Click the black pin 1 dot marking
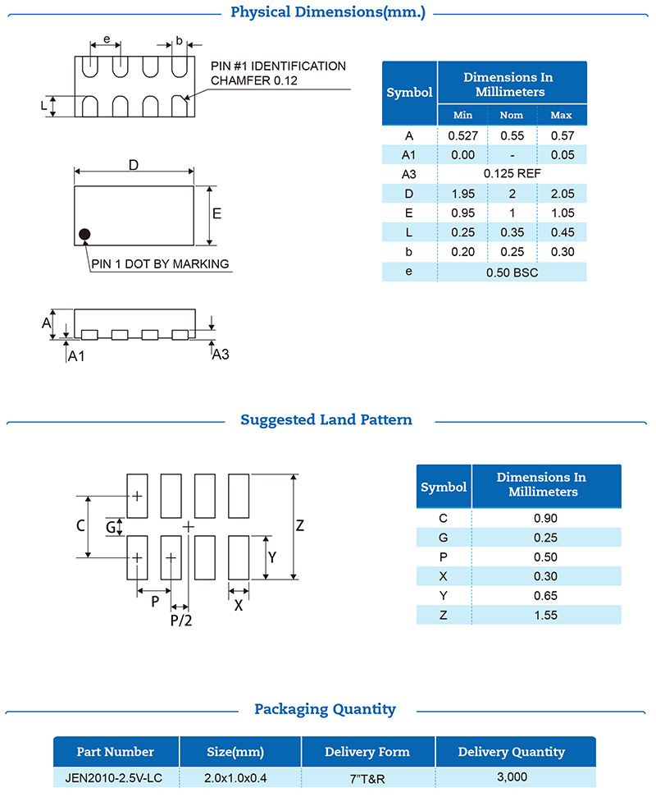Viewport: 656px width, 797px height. [x=84, y=236]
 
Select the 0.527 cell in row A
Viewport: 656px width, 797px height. [x=462, y=135]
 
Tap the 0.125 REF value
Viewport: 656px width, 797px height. [x=512, y=173]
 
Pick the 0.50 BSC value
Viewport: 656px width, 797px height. [x=512, y=272]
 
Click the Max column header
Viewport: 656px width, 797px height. [x=561, y=115]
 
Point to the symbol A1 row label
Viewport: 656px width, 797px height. [x=409, y=154]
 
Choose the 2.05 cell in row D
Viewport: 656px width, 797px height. [x=561, y=194]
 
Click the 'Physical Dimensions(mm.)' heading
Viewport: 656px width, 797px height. [x=328, y=12]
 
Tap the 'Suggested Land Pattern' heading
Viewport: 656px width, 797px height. [x=326, y=420]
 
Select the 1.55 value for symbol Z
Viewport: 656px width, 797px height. [x=545, y=615]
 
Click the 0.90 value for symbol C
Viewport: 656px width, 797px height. [x=545, y=518]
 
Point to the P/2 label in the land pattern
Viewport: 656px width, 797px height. [x=181, y=621]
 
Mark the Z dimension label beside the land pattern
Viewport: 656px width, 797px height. [x=300, y=526]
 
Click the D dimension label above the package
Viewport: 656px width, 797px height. [x=133, y=165]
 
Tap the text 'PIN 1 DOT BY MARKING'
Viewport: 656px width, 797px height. [x=160, y=264]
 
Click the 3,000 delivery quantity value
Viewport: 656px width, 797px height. [x=511, y=776]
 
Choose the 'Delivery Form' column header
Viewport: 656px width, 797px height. [x=367, y=752]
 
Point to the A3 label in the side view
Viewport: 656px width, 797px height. [x=221, y=355]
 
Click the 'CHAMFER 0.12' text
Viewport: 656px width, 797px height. [x=255, y=80]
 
